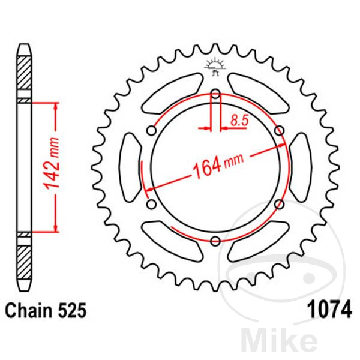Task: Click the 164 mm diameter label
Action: (x=217, y=166)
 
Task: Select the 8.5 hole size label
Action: (x=239, y=121)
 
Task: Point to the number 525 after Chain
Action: (x=72, y=311)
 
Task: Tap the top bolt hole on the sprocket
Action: (x=215, y=94)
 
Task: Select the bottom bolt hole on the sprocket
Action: (x=215, y=241)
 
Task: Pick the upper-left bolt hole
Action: (x=152, y=131)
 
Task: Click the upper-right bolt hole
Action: (x=280, y=131)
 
